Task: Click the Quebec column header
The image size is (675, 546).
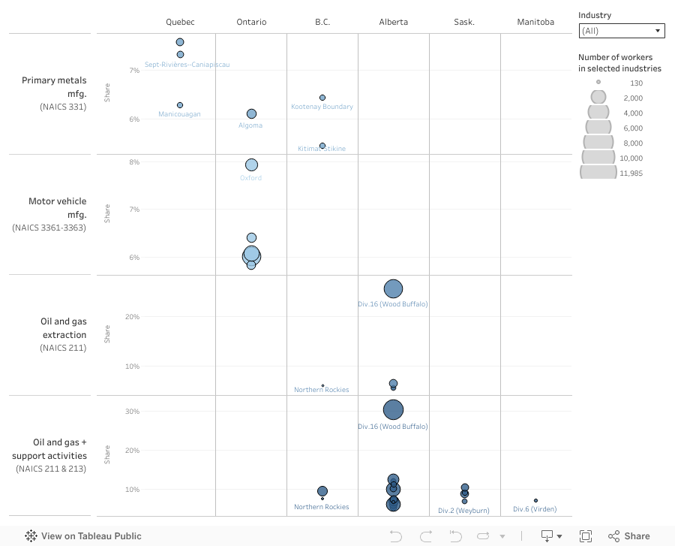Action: pyautogui.click(x=180, y=22)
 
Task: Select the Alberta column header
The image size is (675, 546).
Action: pyautogui.click(x=394, y=22)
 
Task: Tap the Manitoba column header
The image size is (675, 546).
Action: pyautogui.click(x=535, y=22)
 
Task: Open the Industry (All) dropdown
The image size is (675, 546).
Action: pyautogui.click(x=622, y=31)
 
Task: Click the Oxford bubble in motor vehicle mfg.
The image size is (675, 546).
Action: pyautogui.click(x=251, y=165)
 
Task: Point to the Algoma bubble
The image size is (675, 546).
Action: pyautogui.click(x=251, y=114)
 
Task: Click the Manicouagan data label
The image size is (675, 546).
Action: pyautogui.click(x=179, y=114)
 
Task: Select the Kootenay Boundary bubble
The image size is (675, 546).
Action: pyautogui.click(x=322, y=98)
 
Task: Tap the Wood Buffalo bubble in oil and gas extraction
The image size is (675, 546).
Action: pyautogui.click(x=393, y=288)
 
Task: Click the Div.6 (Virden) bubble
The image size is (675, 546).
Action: pyautogui.click(x=535, y=500)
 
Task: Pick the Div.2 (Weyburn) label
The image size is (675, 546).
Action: pyautogui.click(x=463, y=511)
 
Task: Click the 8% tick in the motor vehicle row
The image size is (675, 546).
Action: pyautogui.click(x=134, y=162)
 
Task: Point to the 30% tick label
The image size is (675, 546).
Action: pyautogui.click(x=132, y=412)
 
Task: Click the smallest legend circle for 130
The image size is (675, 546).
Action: pyautogui.click(x=598, y=82)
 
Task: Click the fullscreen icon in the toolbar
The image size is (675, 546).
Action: pyautogui.click(x=586, y=536)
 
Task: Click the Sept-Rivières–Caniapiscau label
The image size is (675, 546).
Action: pyautogui.click(x=187, y=65)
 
